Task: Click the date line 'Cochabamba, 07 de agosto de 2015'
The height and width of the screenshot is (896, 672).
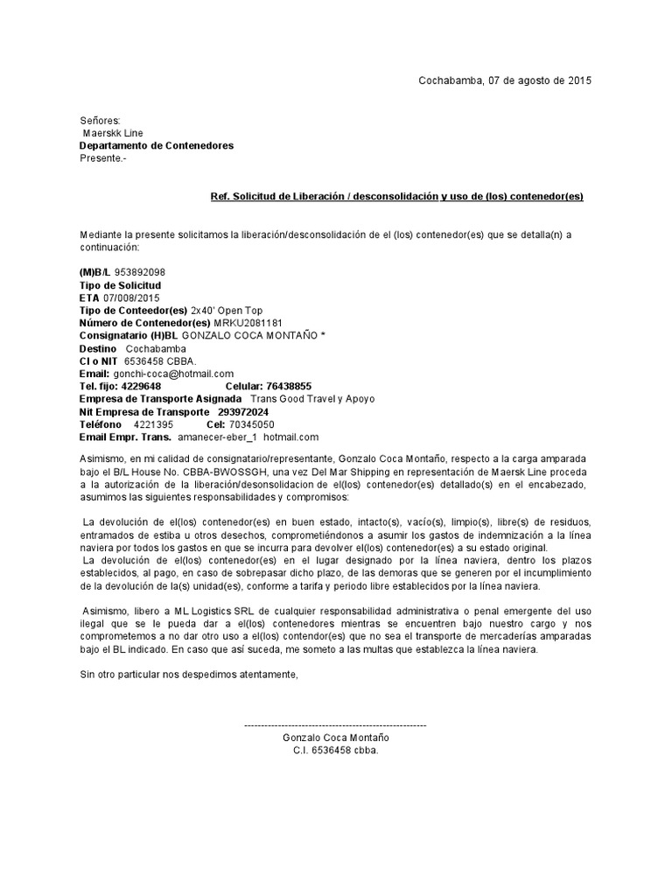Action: coord(504,80)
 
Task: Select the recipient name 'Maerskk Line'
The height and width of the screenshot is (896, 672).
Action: coord(114,133)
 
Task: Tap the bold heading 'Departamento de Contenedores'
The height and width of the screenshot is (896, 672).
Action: coord(157,145)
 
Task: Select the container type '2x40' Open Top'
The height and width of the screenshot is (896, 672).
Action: coord(226,311)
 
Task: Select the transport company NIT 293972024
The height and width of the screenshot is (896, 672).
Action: coord(243,412)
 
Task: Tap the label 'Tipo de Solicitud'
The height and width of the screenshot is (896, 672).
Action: coord(120,285)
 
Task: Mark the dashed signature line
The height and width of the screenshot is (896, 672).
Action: coord(335,726)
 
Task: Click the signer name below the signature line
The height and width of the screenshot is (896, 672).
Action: coord(335,738)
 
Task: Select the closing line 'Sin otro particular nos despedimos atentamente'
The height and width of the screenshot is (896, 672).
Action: coord(189,675)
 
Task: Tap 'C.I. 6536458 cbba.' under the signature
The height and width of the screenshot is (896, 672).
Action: coord(335,751)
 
